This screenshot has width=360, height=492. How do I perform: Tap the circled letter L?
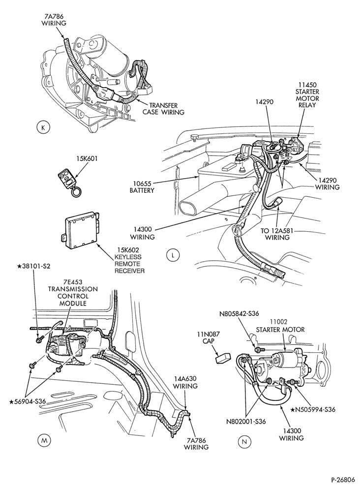(x=172, y=255)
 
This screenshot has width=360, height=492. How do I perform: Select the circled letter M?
(x=44, y=440)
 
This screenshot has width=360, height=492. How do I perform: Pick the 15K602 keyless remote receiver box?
(x=80, y=226)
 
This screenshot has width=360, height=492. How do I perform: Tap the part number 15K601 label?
(x=86, y=159)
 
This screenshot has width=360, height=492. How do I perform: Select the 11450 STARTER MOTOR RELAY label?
(x=308, y=95)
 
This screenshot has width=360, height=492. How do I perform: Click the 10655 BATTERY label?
(x=142, y=186)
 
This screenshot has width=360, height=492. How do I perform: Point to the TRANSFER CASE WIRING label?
(x=163, y=109)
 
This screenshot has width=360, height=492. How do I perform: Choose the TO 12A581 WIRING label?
(x=277, y=234)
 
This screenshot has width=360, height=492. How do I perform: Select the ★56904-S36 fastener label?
(x=28, y=401)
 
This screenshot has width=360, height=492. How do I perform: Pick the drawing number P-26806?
(x=343, y=480)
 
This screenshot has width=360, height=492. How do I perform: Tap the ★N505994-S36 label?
(x=313, y=409)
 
